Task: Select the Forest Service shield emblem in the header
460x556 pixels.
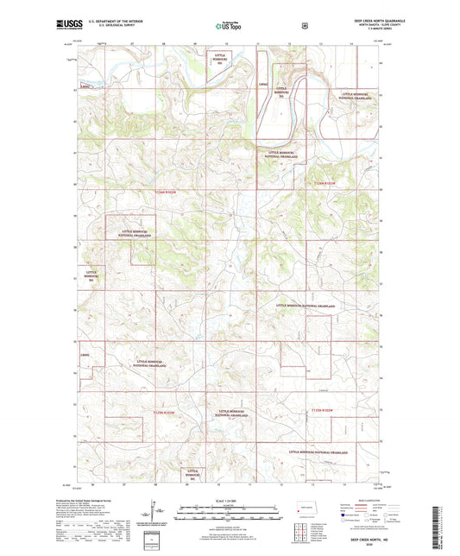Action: pos(304,26)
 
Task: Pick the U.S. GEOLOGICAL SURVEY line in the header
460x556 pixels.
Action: pos(94,28)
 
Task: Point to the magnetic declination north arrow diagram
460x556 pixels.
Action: pos(155,517)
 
